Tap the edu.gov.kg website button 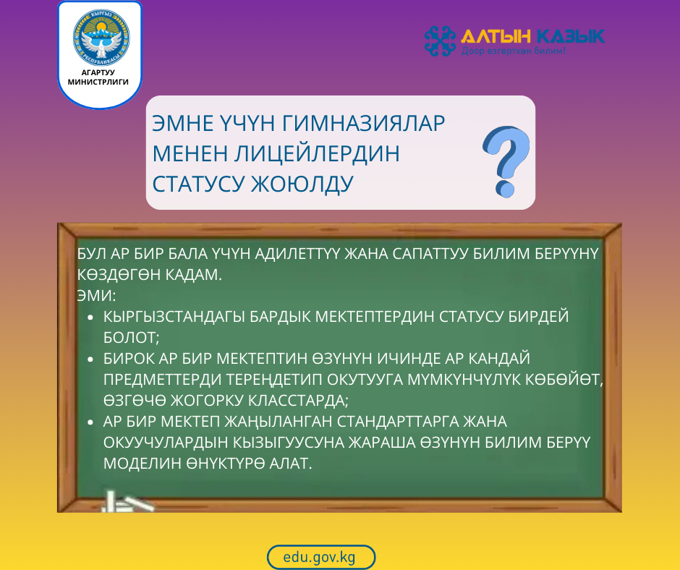(x=320, y=557)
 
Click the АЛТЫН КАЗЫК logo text (x=532, y=36)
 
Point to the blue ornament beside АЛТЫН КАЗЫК (x=440, y=41)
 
